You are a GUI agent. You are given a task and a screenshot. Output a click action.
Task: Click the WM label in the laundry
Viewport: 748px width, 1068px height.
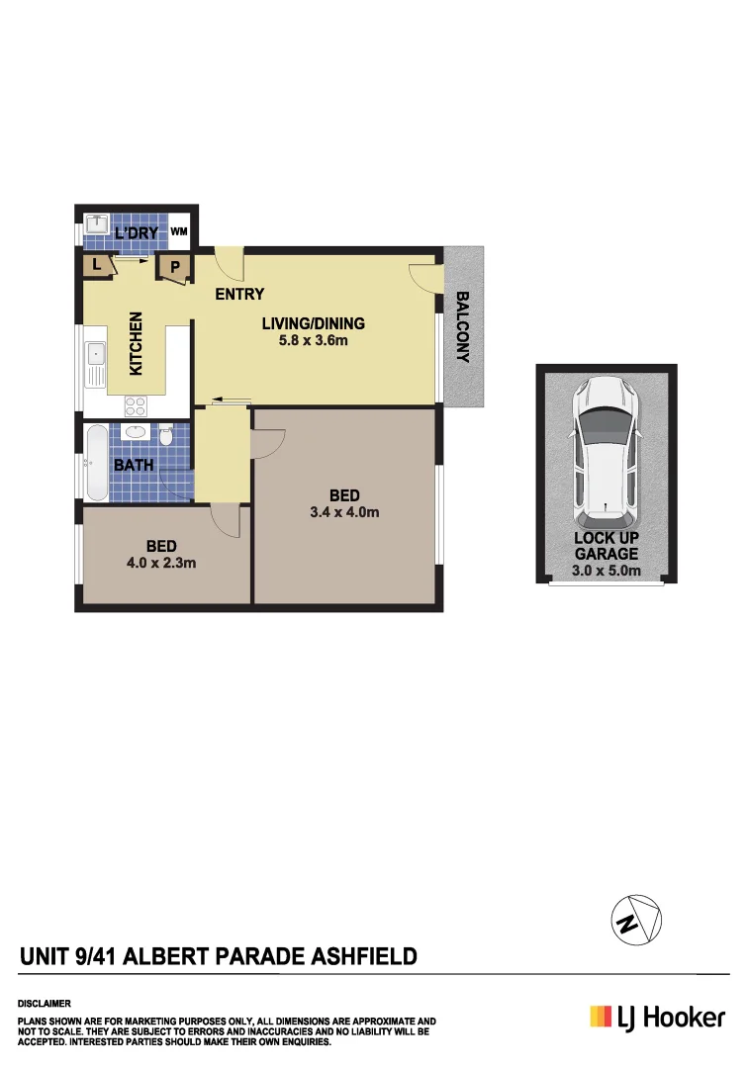click(179, 231)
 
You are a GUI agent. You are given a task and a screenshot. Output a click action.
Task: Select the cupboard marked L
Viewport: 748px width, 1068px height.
click(98, 265)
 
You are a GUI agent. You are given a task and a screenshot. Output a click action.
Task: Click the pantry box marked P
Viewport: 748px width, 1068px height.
click(175, 267)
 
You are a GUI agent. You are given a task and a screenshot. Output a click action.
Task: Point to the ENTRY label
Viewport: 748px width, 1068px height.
click(239, 294)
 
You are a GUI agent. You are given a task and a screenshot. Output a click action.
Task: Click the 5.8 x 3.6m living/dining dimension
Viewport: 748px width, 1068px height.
click(313, 341)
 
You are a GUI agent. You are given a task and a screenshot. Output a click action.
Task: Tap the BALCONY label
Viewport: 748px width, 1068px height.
click(462, 327)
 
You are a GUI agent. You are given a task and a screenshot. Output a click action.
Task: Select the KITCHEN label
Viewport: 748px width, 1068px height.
click(137, 343)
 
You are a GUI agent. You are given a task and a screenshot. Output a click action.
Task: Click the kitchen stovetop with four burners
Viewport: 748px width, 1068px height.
click(136, 404)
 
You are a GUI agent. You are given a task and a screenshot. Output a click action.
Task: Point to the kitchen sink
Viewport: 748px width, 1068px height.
click(96, 363)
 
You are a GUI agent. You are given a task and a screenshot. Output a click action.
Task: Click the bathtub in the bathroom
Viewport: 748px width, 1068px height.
click(97, 463)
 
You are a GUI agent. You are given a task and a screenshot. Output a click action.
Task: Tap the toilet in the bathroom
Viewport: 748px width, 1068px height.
click(167, 435)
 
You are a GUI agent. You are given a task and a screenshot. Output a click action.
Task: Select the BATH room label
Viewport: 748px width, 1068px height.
click(133, 465)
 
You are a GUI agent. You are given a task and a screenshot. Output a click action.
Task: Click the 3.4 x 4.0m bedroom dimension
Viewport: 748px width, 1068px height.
click(344, 512)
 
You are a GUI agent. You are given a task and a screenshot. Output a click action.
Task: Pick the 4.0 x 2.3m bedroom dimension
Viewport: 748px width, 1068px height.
click(161, 564)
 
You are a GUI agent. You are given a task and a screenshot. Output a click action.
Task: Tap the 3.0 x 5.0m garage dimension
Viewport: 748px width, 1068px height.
click(607, 571)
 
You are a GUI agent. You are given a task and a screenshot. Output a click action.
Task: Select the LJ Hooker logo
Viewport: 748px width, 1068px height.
click(657, 1017)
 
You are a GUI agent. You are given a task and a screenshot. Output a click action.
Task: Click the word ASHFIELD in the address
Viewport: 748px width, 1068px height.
click(364, 956)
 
